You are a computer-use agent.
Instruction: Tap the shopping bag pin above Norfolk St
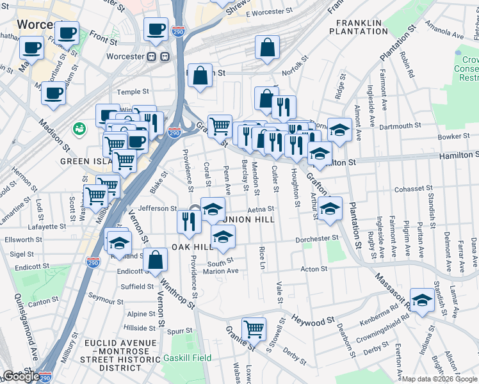coord(267,47)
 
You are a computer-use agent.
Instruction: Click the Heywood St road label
coord(313,321)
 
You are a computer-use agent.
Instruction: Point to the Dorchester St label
coord(316,239)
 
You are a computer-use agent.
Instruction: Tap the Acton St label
coord(314,269)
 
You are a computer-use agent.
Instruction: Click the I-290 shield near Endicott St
coord(93,262)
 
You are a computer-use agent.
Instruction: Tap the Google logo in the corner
coord(20,376)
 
